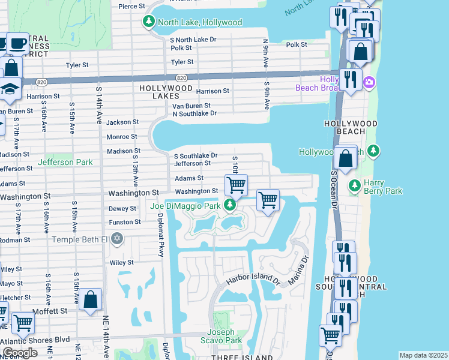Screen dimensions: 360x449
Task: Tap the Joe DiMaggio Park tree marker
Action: [229, 206]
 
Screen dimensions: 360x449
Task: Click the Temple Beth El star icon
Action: [118, 239]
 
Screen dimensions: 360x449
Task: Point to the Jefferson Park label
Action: [65, 162]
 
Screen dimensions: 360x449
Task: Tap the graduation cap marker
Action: [10, 89]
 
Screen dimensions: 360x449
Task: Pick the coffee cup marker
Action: [17, 43]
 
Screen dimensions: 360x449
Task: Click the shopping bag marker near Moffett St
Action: [90, 299]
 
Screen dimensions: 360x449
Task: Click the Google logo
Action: [20, 352]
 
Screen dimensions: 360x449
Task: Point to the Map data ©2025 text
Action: [423, 355]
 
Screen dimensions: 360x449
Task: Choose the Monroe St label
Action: [122, 137]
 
